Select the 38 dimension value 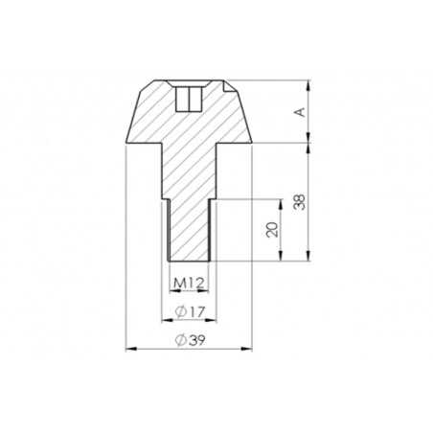(x=300, y=202)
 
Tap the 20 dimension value (x=272, y=230)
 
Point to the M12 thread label (x=189, y=283)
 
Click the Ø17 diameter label (x=190, y=311)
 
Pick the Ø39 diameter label (x=190, y=340)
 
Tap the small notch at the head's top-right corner (x=228, y=86)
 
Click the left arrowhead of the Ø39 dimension (x=131, y=349)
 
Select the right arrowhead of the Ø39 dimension (x=247, y=349)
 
